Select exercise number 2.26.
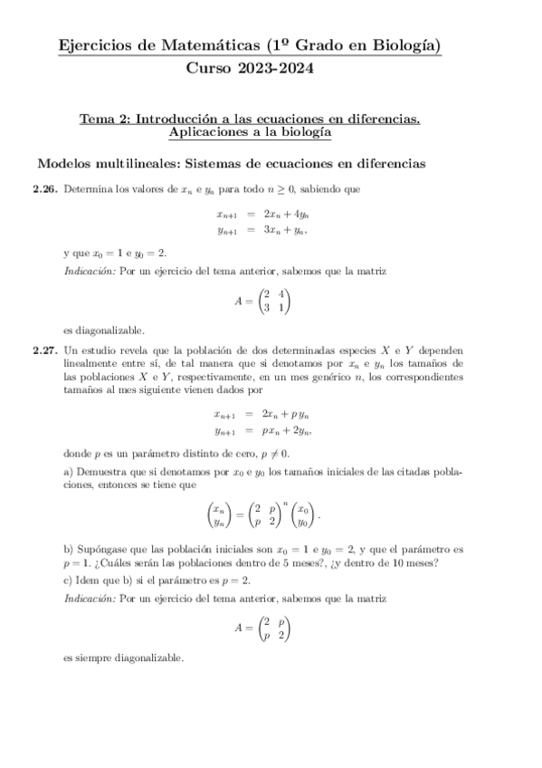point(45,190)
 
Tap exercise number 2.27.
point(45,349)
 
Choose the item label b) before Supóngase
point(69,550)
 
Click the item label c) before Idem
point(69,580)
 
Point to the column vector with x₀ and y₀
point(306,517)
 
